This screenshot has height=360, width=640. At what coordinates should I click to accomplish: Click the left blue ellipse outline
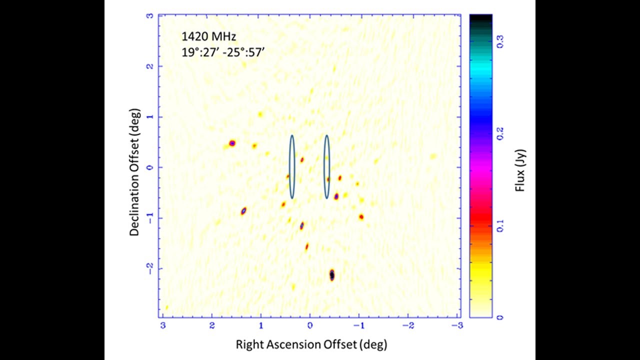click(x=292, y=166)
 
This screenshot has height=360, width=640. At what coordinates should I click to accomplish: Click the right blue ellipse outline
click(x=326, y=166)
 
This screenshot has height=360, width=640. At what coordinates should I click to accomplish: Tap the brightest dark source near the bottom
click(x=331, y=275)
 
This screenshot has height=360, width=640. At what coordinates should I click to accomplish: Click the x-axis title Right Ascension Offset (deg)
click(x=311, y=344)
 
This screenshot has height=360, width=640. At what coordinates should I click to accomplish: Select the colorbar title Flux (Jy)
click(x=519, y=166)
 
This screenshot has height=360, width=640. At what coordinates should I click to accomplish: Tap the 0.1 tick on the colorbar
click(x=500, y=226)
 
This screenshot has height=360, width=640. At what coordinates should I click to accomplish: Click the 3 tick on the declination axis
click(x=149, y=15)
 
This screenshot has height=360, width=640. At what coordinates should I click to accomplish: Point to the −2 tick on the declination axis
click(x=148, y=268)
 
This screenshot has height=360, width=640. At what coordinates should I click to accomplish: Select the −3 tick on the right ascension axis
click(x=457, y=325)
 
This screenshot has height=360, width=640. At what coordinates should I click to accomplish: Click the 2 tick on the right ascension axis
click(x=212, y=325)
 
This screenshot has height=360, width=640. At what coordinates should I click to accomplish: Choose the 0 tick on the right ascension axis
click(x=310, y=325)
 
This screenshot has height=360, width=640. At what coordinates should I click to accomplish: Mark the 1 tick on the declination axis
click(x=149, y=117)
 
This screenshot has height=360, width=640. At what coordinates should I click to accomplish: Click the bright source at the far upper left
click(x=232, y=143)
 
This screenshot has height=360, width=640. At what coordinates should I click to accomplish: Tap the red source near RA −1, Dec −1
click(x=361, y=217)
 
